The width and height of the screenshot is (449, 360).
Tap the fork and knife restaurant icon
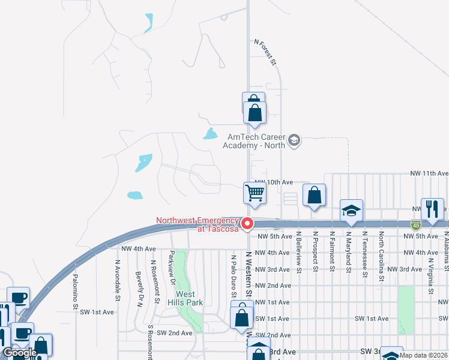[432, 209]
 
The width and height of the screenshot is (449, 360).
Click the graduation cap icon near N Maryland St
[352, 211]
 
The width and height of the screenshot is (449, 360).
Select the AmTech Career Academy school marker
[294, 141]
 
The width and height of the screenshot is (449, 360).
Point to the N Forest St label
[265, 52]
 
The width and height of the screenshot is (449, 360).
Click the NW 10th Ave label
[273, 182]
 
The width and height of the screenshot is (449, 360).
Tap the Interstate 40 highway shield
[416, 225]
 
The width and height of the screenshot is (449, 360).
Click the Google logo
[20, 353]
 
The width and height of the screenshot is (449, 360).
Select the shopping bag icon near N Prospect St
[314, 195]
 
